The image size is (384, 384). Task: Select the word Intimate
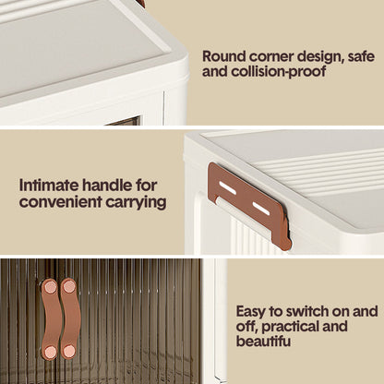point(49,186)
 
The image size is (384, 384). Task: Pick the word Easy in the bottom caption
point(250,312)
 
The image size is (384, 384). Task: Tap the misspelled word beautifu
point(263,341)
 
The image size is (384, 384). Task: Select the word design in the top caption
point(316,57)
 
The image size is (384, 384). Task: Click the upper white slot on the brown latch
point(228,187)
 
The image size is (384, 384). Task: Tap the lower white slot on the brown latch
point(261,209)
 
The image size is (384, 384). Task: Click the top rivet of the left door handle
point(50,287)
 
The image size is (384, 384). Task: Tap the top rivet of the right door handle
point(69,287)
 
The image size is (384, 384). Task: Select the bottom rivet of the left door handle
point(50,352)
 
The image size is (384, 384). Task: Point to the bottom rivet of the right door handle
point(69,352)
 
